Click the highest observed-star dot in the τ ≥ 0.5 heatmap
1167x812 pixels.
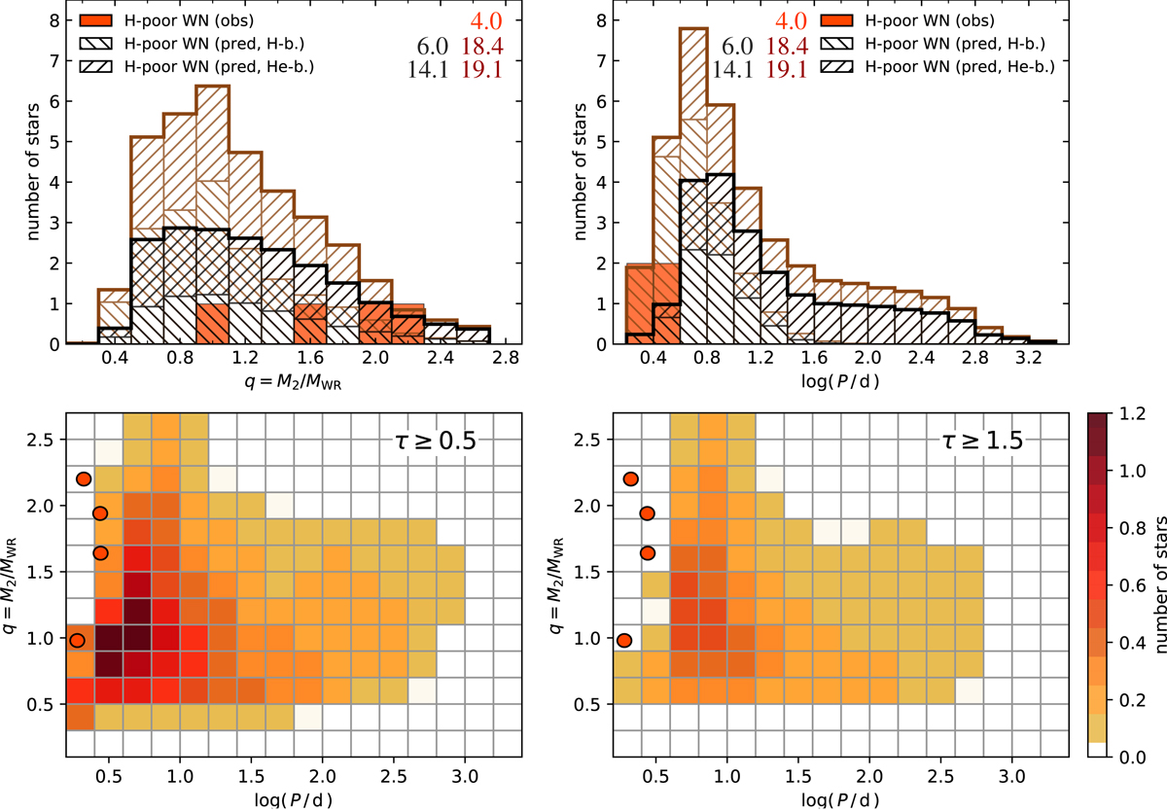click(x=84, y=478)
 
